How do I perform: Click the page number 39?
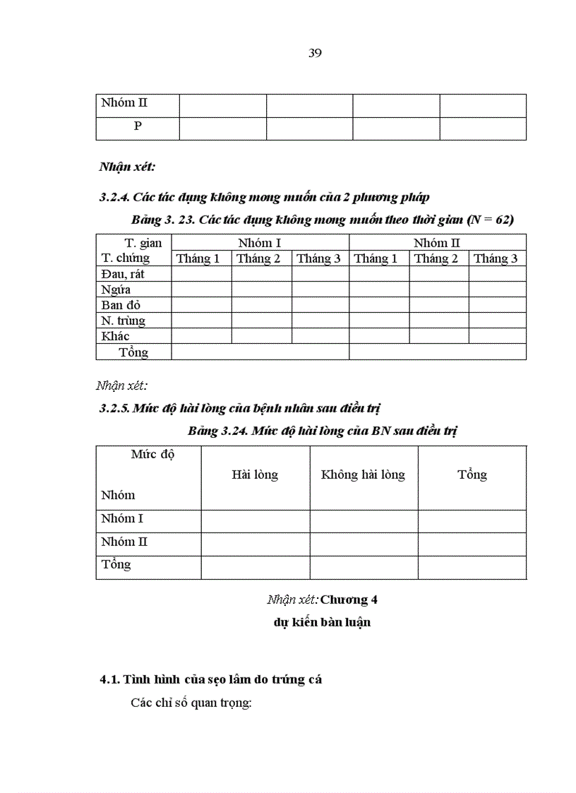click(315, 54)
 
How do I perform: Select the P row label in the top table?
click(138, 127)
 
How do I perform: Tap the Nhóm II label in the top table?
click(124, 103)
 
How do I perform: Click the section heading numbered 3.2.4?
click(264, 197)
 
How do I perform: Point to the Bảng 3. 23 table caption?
click(323, 220)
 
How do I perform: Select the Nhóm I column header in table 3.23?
click(260, 243)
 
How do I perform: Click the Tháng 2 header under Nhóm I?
click(258, 258)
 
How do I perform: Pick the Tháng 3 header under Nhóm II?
click(496, 258)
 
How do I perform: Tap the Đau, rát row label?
click(123, 273)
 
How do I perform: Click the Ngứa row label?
click(116, 290)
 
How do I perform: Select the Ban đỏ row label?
click(121, 305)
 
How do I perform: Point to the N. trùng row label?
click(123, 321)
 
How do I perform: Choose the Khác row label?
click(115, 336)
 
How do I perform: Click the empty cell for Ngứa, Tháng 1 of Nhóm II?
click(378, 290)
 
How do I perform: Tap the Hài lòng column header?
click(255, 475)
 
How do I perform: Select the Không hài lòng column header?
click(363, 475)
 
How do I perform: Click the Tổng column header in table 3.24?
click(472, 475)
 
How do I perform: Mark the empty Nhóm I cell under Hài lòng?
click(255, 521)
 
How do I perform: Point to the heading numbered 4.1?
click(210, 680)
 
